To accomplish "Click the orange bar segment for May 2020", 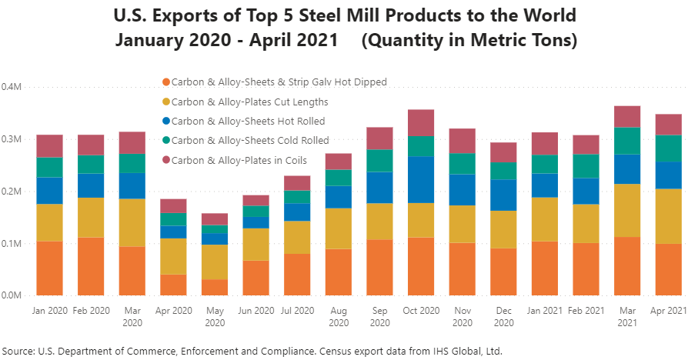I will [216, 287].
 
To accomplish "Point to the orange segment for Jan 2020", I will [49, 268].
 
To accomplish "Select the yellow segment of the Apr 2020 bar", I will [175, 256].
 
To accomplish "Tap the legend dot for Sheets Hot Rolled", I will [165, 121].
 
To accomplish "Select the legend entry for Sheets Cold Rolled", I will [249, 141].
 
